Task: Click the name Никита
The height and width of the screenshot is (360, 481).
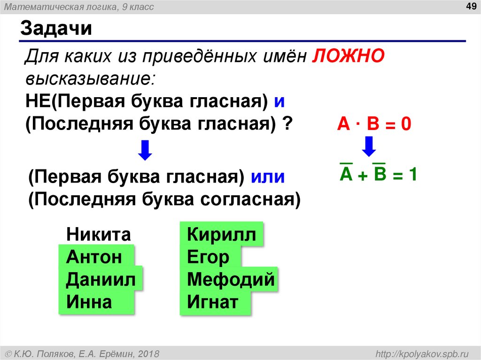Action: (98, 234)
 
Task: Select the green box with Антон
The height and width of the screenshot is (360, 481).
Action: (96, 257)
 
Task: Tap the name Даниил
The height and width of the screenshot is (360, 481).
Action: (101, 280)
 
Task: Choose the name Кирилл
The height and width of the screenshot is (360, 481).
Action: (222, 235)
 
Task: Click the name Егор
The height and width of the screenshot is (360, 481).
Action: (209, 257)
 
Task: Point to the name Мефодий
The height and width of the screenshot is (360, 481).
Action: (230, 280)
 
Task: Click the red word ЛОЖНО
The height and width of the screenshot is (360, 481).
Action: (348, 56)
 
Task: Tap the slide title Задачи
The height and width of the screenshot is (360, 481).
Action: (55, 29)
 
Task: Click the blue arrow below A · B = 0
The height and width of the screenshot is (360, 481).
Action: (369, 146)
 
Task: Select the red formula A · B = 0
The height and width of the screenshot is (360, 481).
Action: (374, 124)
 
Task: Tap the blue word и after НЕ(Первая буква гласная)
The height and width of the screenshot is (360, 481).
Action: (280, 101)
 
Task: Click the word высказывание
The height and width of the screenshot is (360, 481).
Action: (89, 78)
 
